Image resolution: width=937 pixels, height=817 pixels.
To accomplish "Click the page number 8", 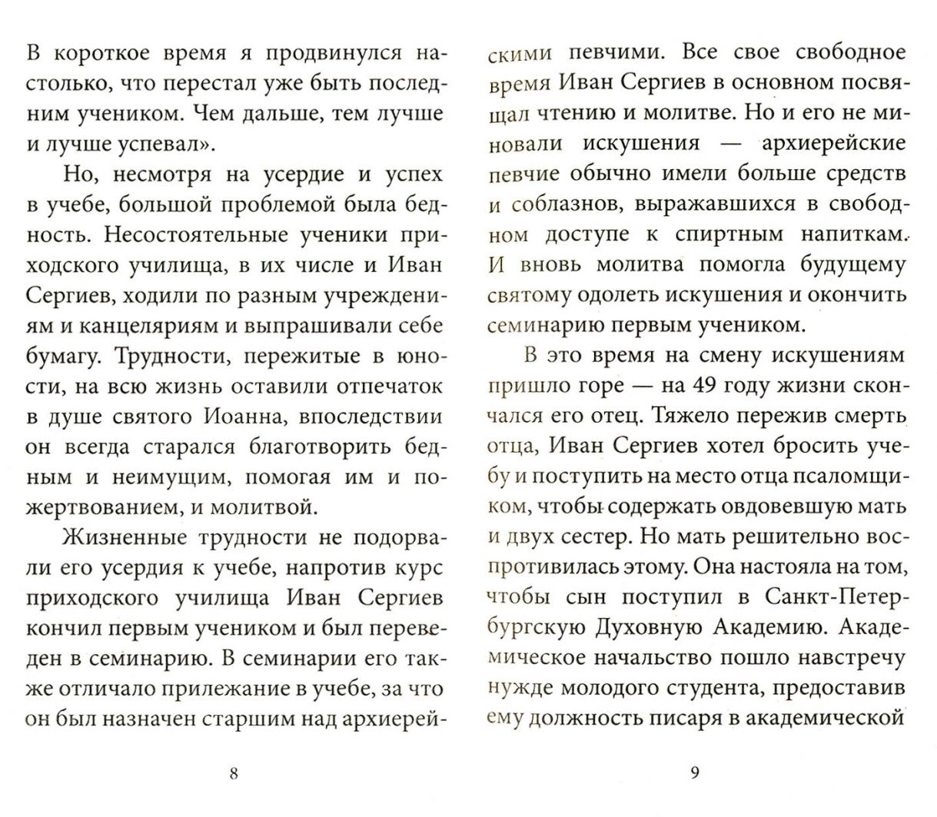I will pos(234,774).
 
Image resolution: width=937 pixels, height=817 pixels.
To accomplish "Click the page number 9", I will pos(695,774).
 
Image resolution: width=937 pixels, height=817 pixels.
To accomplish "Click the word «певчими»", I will pos(620,53).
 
